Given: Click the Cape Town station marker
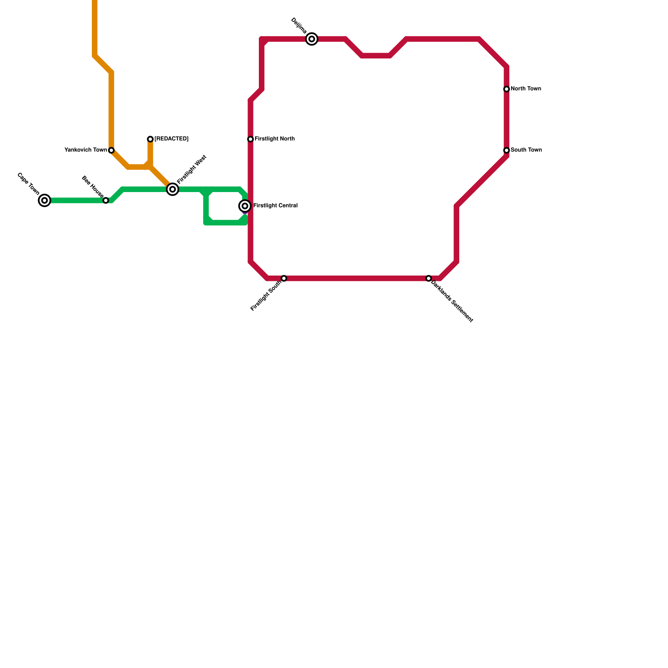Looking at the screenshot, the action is click(45, 200).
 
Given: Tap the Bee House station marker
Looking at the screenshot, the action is click(106, 200).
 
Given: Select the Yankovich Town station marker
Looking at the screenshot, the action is click(111, 150).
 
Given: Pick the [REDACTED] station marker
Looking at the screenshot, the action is click(150, 139).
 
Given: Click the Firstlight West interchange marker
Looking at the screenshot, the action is click(172, 190).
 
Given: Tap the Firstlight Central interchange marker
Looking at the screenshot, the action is click(245, 206).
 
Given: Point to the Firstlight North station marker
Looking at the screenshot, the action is click(250, 139).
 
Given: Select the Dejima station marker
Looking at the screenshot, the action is click(312, 39).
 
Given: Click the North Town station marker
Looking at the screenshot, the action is click(506, 89).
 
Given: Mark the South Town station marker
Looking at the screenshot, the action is click(506, 150).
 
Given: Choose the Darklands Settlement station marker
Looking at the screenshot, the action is click(429, 278).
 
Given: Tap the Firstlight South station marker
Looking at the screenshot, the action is click(284, 278).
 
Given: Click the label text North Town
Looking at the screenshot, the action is click(526, 89).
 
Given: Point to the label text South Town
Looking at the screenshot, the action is click(526, 150).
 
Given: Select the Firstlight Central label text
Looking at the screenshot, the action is click(276, 206).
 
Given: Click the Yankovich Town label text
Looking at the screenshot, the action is click(86, 150).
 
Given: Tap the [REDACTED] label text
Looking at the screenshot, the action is click(171, 139).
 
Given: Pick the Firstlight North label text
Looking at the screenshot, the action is click(275, 139).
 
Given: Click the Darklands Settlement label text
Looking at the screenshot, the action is click(452, 301).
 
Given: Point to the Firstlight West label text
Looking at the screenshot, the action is click(192, 170).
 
